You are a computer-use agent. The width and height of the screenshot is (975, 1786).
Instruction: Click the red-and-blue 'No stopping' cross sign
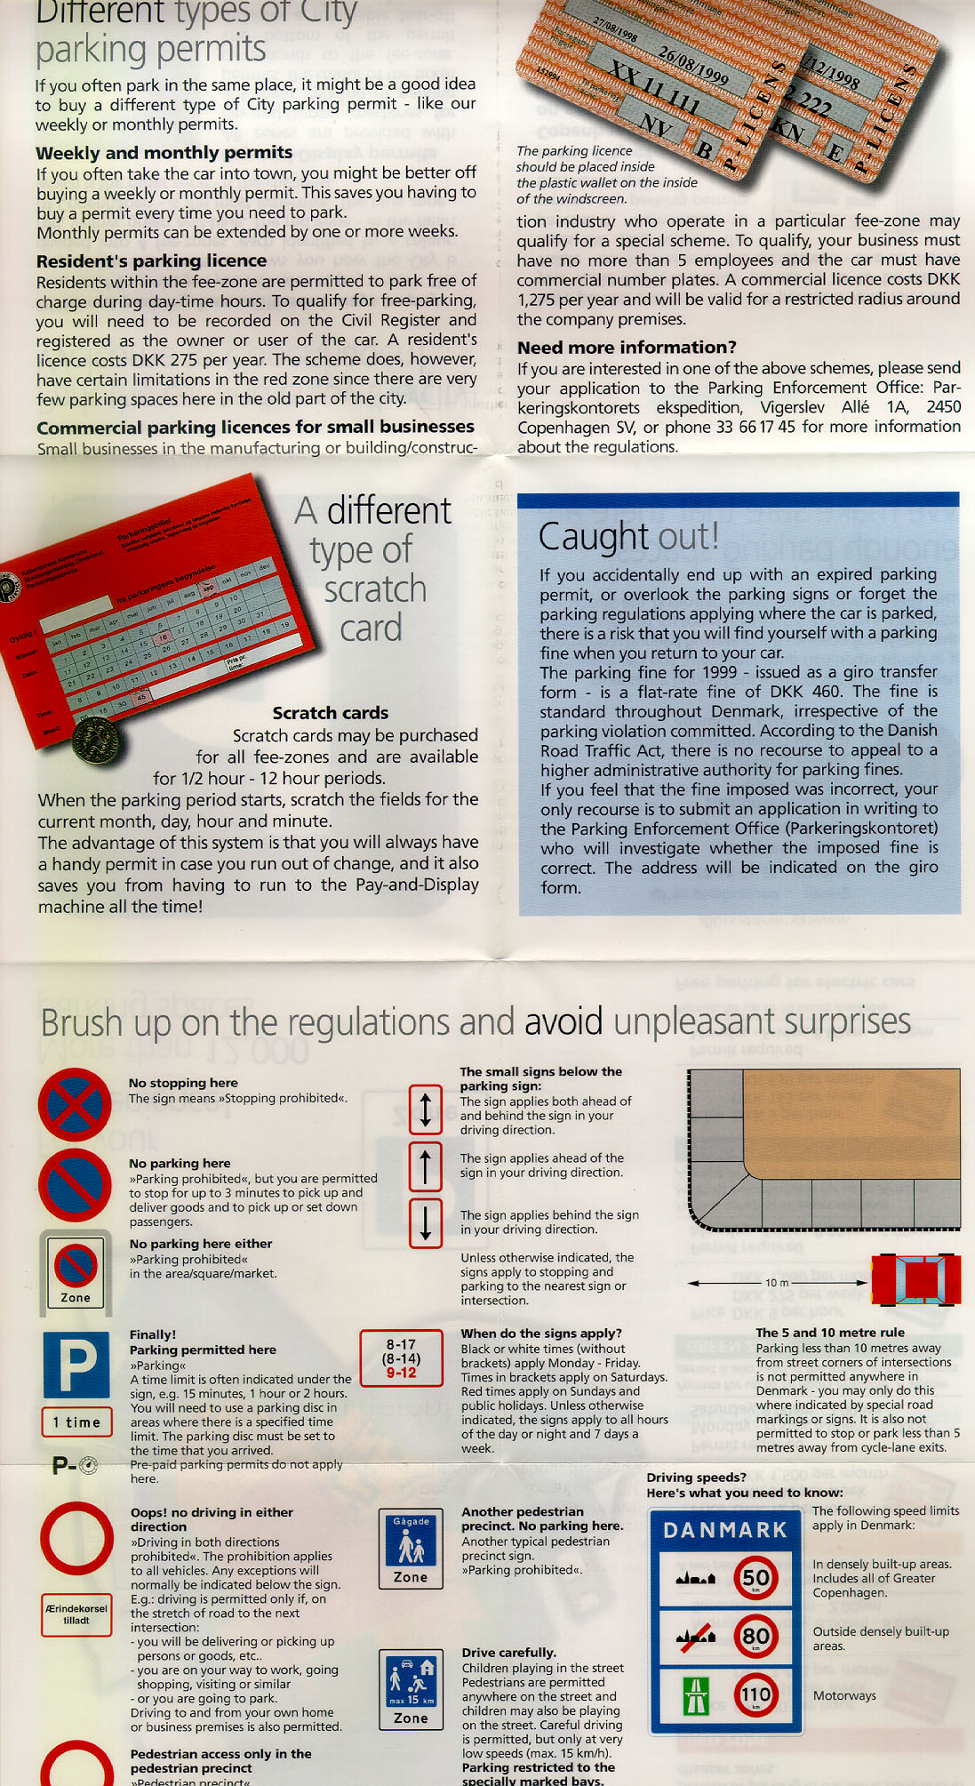point(75,1104)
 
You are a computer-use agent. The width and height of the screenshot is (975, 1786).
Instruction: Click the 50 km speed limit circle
point(755,1578)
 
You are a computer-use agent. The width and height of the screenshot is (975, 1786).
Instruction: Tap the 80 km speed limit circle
point(755,1637)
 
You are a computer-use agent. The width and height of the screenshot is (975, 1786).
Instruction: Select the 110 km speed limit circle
point(755,1695)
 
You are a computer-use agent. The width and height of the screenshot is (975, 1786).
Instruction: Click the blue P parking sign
point(76,1363)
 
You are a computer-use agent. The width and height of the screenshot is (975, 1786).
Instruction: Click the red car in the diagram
point(916,1280)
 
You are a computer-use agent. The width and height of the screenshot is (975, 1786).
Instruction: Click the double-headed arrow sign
point(426,1109)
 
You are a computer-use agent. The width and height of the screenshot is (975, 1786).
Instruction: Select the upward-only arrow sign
point(426,1166)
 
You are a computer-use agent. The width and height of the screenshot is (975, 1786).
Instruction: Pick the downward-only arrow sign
point(426,1222)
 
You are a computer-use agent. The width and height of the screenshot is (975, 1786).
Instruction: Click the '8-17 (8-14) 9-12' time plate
point(401,1358)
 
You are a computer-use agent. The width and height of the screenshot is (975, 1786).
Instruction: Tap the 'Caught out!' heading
point(628,536)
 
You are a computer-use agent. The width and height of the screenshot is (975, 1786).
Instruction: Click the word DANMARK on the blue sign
point(725,1530)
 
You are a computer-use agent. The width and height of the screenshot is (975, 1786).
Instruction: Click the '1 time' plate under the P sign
point(76,1422)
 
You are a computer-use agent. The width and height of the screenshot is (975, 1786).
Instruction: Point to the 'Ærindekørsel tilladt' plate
point(76,1614)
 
